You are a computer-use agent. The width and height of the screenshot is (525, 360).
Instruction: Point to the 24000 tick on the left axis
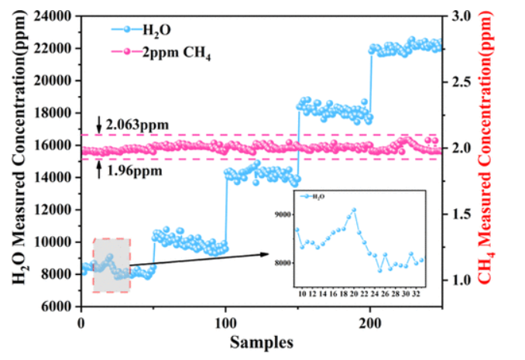(x=58, y=15)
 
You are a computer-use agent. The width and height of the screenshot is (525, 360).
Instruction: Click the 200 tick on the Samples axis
(x=370, y=322)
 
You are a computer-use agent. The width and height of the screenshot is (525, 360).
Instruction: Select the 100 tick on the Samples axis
(x=225, y=322)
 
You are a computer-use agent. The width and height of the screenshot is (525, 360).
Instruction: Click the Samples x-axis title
(x=259, y=341)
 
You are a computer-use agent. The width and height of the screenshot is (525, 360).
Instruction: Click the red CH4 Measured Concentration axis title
(x=510, y=161)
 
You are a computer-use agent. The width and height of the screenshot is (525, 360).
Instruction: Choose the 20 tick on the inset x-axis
(x=353, y=294)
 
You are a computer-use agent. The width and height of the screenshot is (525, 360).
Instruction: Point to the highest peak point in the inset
(x=354, y=209)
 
